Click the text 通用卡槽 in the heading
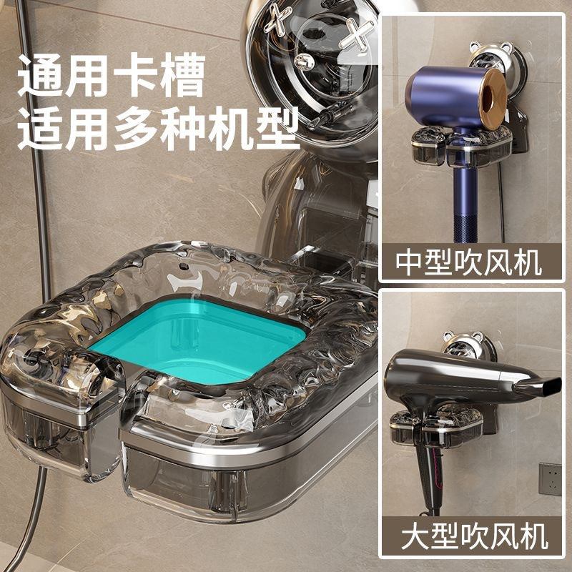click(112, 75)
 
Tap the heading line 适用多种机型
click(158, 129)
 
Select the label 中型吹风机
click(469, 262)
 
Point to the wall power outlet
click(550, 479)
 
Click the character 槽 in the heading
click(183, 75)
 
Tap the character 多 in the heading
click(136, 129)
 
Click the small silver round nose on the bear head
click(304, 62)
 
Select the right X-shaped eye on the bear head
click(355, 34)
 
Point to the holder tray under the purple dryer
click(460, 146)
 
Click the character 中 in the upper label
click(409, 262)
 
